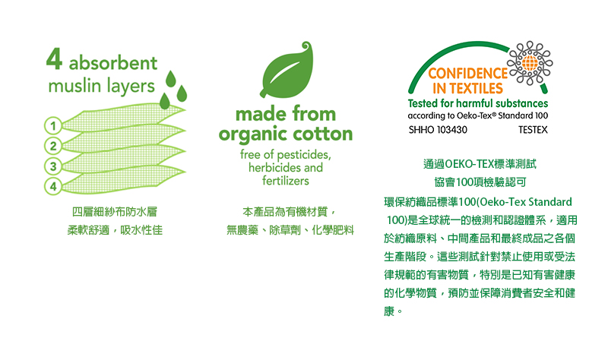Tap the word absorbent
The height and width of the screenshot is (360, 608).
(113, 63)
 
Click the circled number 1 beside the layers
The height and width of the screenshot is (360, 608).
(54, 125)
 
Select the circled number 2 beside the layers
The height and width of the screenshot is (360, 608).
(54, 145)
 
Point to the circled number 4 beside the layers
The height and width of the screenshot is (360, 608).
(54, 185)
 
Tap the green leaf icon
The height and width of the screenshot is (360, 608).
(286, 73)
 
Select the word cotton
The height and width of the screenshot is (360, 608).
(321, 134)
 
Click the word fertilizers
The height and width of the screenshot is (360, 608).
(285, 181)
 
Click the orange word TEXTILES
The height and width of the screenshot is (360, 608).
(476, 90)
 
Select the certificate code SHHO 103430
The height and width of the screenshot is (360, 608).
(438, 130)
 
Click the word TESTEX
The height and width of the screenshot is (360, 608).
(532, 130)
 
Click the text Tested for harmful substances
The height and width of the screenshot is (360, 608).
(478, 103)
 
